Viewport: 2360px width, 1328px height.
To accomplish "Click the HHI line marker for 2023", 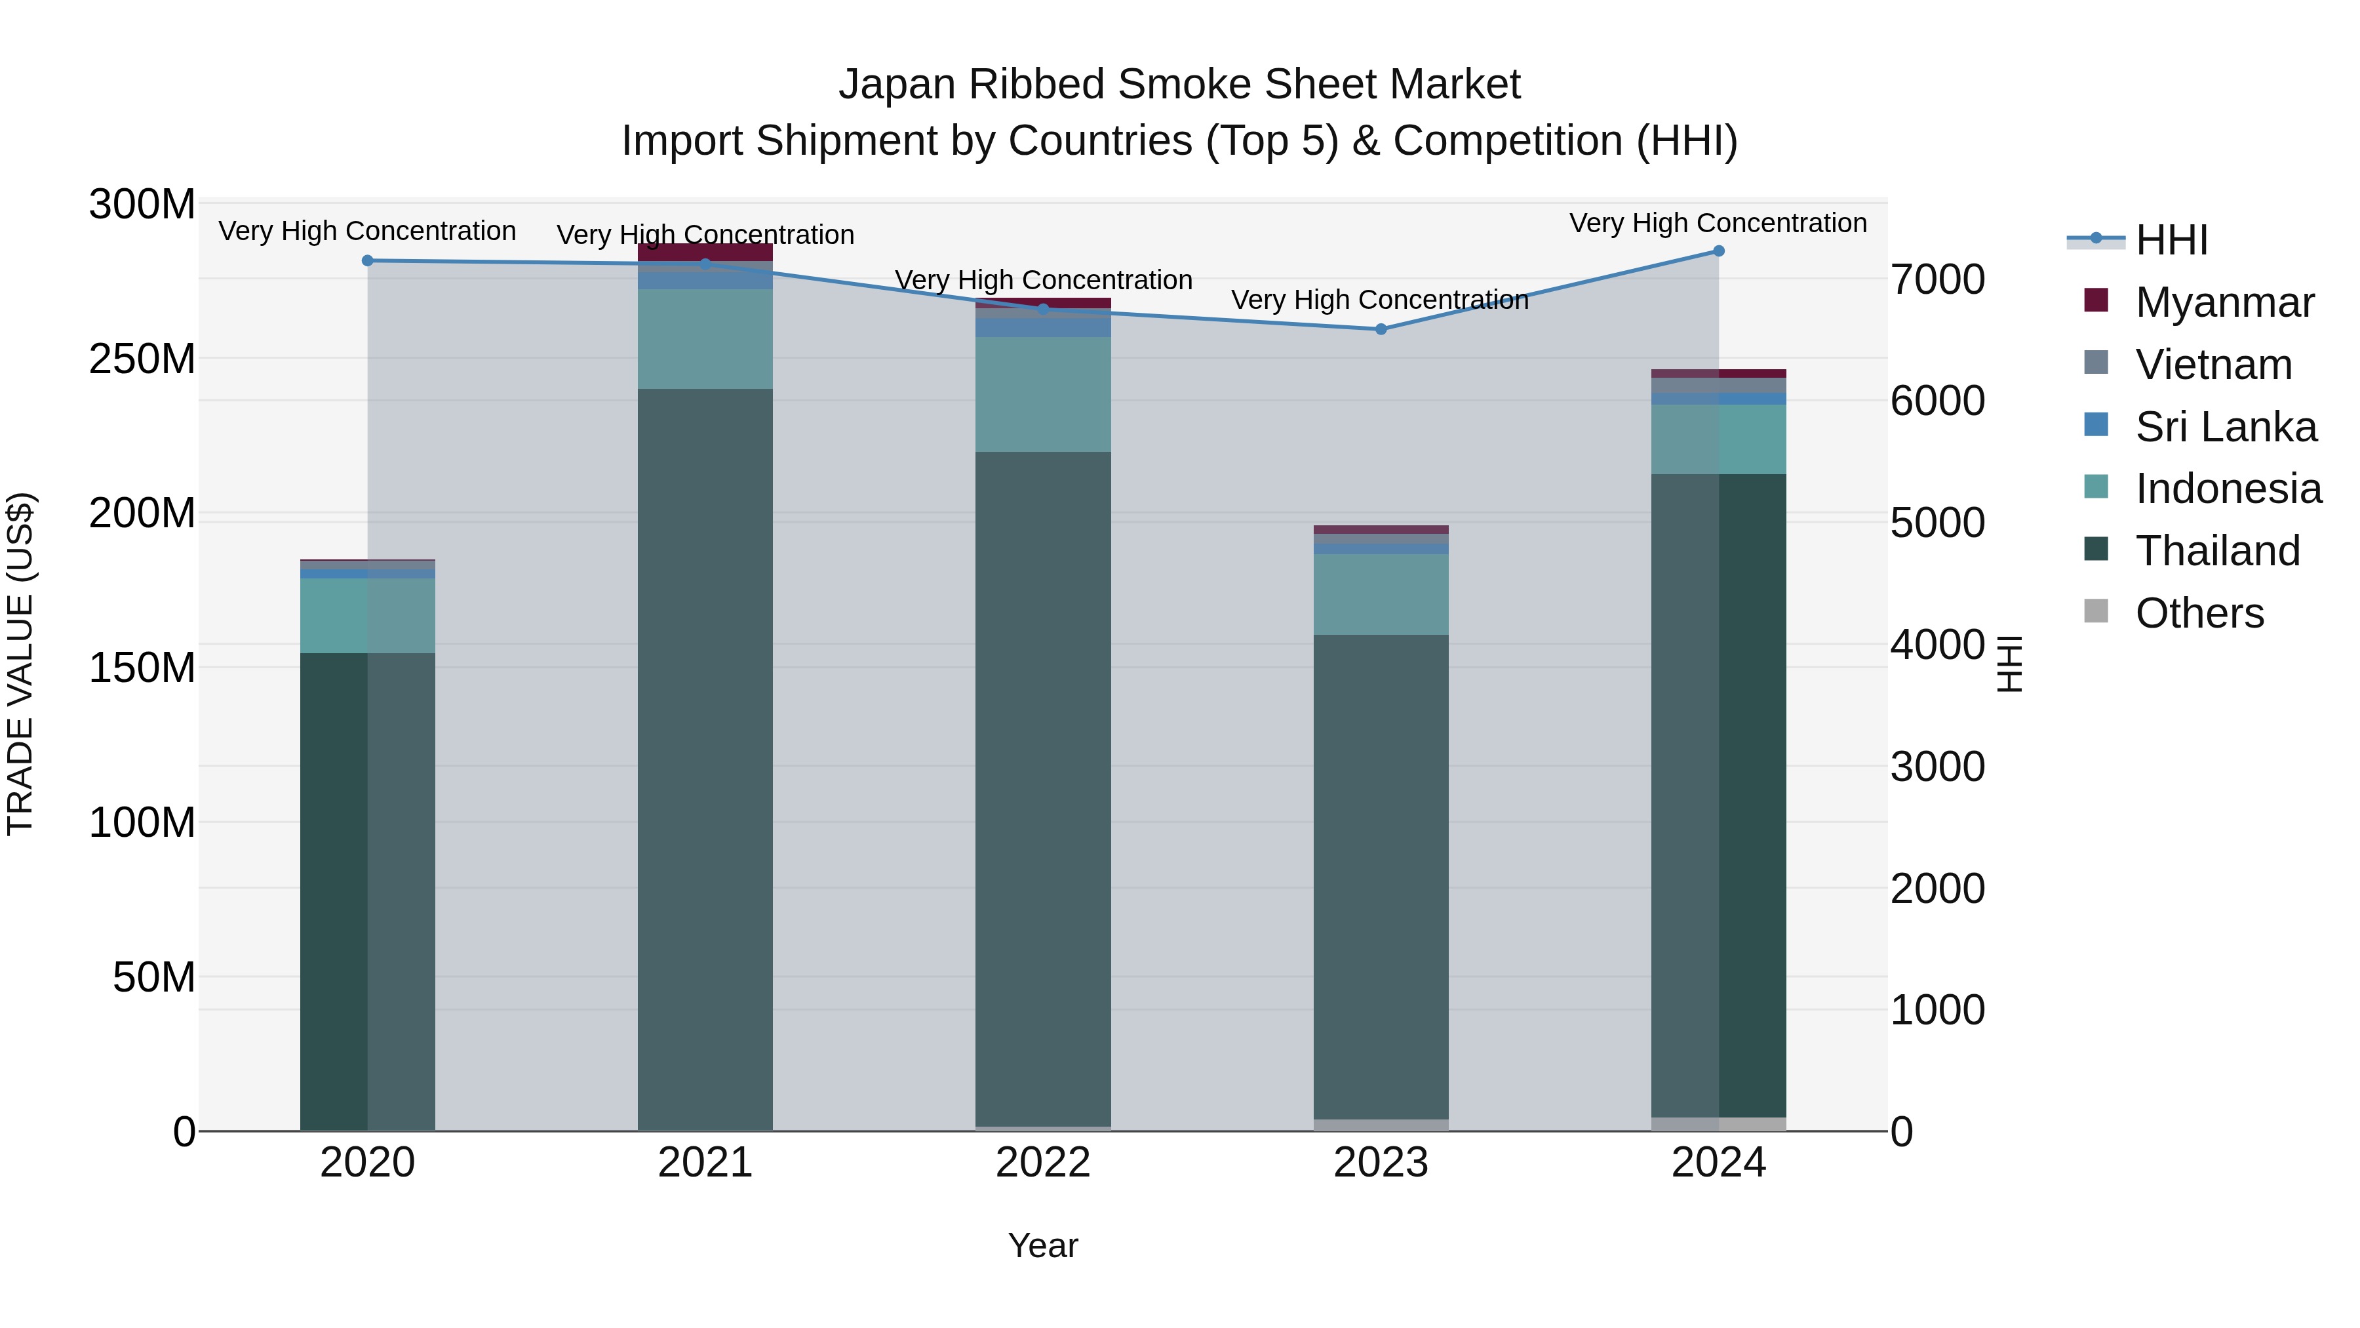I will (1381, 329).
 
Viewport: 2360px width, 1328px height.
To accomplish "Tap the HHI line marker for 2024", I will (1719, 251).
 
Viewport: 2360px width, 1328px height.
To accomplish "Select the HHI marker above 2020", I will (367, 261).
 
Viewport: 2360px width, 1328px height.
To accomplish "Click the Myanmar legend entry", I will (2224, 302).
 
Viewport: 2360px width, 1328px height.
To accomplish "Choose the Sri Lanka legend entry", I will (2226, 427).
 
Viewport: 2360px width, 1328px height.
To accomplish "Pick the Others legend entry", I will (2199, 613).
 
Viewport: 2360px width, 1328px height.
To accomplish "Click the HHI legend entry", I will (2171, 240).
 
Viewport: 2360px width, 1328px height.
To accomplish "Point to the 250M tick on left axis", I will (142, 358).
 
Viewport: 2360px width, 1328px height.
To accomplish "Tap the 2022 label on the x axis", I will (1042, 1163).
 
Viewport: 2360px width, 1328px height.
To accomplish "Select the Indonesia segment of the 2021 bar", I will (705, 339).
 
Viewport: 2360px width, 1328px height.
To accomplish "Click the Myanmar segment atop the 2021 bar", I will (705, 252).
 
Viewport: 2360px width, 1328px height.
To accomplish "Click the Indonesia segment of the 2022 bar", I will (1042, 394).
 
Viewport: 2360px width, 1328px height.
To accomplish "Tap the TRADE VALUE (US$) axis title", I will (20, 664).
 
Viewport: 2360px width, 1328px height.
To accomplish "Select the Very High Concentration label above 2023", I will (1380, 300).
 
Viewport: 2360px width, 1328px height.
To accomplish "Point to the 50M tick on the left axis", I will (154, 978).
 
